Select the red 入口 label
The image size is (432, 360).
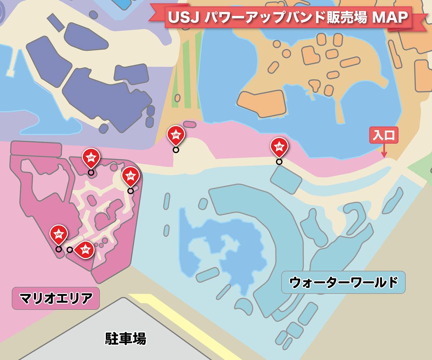(384, 135)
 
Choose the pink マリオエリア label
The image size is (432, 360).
(56, 298)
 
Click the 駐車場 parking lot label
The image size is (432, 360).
(126, 338)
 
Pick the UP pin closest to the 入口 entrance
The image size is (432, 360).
(279, 147)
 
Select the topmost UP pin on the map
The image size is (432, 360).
(176, 135)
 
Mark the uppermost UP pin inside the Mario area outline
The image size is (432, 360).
(91, 157)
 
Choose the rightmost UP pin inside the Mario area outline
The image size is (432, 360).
(130, 176)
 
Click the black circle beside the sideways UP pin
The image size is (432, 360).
(70, 250)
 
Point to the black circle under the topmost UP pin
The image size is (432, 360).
(176, 150)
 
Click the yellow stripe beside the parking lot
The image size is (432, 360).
(180, 324)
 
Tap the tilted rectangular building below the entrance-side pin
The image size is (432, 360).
(286, 179)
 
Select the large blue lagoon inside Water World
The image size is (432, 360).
(230, 249)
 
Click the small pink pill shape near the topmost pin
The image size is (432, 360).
(190, 124)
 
